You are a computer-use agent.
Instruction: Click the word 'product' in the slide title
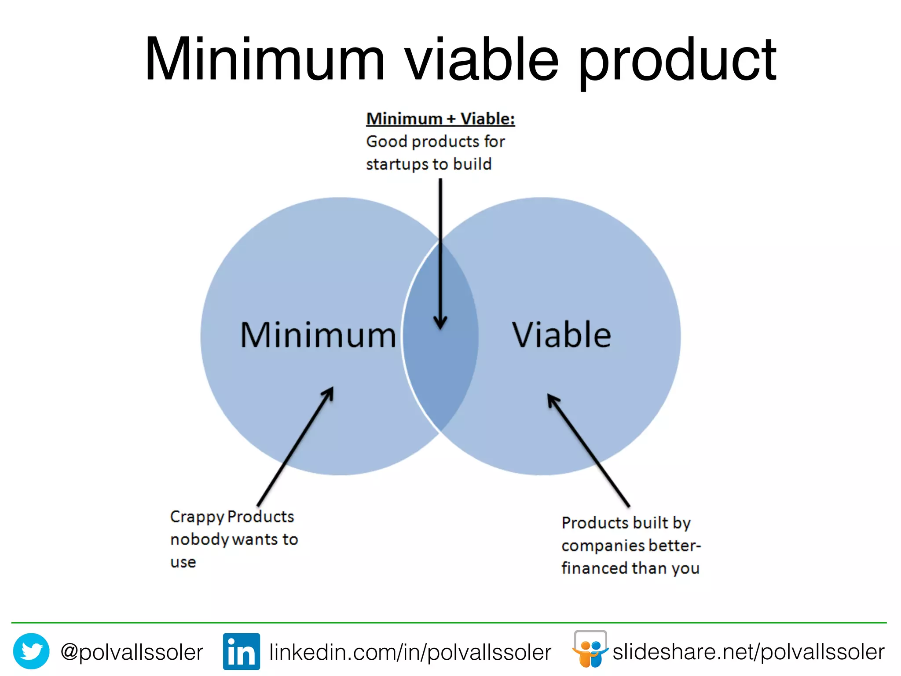(x=678, y=62)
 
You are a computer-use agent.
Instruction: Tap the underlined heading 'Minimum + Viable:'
(x=440, y=119)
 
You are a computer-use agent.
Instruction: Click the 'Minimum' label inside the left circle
(x=318, y=335)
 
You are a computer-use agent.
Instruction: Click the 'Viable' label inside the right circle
(x=561, y=335)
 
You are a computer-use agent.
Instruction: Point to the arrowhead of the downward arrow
(x=440, y=323)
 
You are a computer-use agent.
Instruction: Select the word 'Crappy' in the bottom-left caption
(x=197, y=517)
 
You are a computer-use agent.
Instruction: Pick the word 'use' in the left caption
(x=183, y=562)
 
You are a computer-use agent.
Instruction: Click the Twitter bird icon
(x=31, y=651)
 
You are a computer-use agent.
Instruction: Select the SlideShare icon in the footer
(x=590, y=650)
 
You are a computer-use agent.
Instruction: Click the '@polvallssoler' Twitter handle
(x=132, y=652)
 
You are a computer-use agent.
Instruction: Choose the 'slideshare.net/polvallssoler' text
(x=748, y=652)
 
